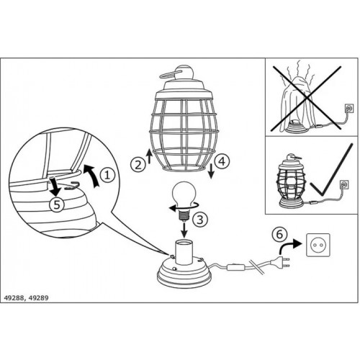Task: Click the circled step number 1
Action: coord(107,175)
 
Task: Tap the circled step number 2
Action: coord(138,165)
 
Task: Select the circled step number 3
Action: coord(200,219)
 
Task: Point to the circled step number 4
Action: coord(222,161)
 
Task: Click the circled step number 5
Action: coord(57,205)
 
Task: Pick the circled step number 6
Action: coord(280,234)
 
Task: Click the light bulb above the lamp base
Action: coord(184,201)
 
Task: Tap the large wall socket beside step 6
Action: coord(318,245)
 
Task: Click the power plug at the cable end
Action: coord(282,261)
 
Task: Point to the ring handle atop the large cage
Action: coord(168,74)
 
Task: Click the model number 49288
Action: coord(14,298)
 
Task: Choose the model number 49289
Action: coord(38,298)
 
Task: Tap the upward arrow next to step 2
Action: coord(149,156)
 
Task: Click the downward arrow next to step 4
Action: coord(211,171)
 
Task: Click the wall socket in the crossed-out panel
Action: coord(348,108)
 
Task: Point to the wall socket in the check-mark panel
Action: coord(344,185)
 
